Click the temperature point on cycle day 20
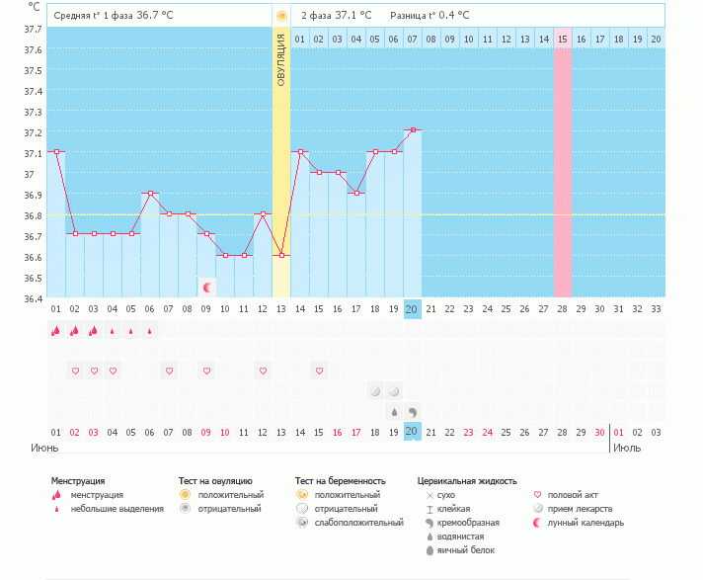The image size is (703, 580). click(413, 130)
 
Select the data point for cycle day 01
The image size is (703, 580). click(56, 151)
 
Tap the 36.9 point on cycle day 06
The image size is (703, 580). click(151, 194)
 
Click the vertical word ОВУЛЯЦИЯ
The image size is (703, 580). click(281, 60)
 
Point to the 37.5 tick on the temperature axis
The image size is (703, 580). click(33, 71)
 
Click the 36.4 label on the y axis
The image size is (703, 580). click(33, 298)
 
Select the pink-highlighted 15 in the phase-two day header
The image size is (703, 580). click(562, 40)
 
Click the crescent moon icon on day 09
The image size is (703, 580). click(207, 288)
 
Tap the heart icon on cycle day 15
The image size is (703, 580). click(319, 371)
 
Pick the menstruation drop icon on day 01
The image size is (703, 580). click(55, 331)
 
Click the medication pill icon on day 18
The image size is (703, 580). click(375, 391)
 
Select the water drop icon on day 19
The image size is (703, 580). click(394, 412)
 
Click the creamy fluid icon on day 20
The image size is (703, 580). click(413, 412)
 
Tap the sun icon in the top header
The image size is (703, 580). click(281, 16)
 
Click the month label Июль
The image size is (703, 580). click(627, 448)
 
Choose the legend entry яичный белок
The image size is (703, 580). click(466, 550)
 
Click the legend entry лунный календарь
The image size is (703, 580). click(586, 523)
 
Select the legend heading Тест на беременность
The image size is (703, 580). click(341, 481)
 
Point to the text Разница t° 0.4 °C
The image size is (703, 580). click(430, 15)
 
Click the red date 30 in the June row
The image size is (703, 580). click(599, 433)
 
